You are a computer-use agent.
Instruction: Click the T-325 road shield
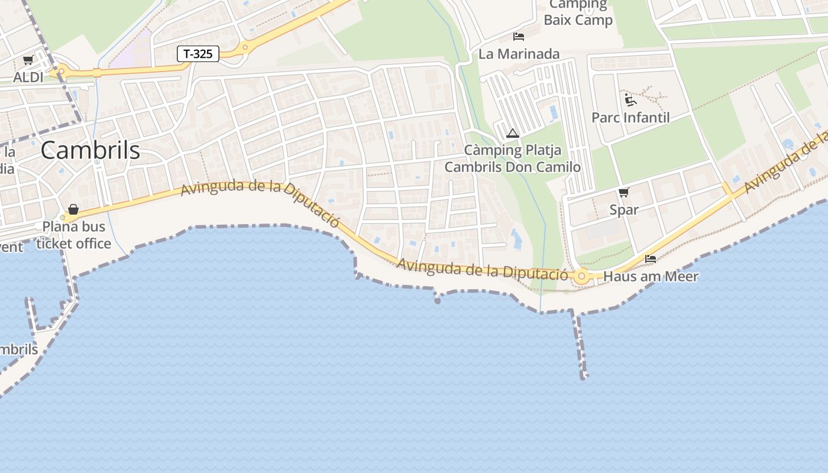click(198, 54)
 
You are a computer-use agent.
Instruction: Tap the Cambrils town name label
click(90, 150)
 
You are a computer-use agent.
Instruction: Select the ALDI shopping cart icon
click(28, 60)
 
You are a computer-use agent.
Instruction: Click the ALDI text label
click(28, 77)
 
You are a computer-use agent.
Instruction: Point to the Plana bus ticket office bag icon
click(73, 209)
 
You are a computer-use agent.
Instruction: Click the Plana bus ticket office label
click(73, 235)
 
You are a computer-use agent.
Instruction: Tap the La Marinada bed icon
click(519, 37)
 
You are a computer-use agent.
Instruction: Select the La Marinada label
click(519, 54)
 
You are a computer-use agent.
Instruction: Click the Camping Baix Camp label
click(578, 12)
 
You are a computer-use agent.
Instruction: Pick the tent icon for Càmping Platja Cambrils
click(513, 134)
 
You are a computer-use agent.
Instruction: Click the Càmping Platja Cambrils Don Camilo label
click(513, 158)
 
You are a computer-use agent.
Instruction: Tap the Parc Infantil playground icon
click(630, 99)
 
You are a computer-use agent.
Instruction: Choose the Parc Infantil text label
click(630, 117)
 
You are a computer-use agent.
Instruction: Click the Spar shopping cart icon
click(623, 192)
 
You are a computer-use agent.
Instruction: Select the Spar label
click(624, 209)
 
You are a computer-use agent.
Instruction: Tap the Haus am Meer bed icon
click(651, 259)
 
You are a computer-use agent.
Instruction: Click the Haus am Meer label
click(651, 276)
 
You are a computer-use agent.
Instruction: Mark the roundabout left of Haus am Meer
click(582, 276)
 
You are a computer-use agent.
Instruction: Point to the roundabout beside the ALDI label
click(61, 72)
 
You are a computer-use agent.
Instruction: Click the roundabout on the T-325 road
click(244, 47)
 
